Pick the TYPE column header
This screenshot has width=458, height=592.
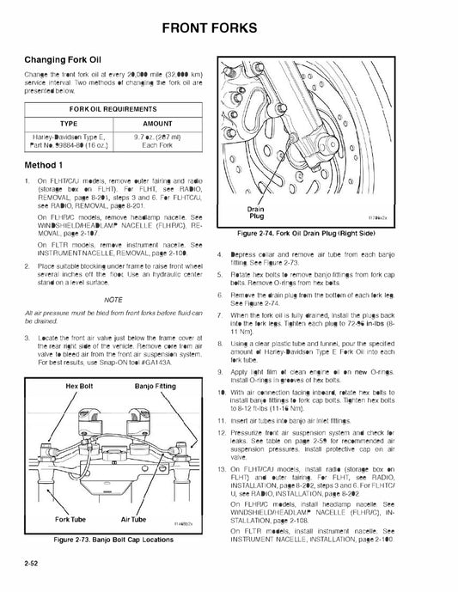click(67, 124)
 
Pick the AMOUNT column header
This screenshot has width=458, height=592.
click(156, 124)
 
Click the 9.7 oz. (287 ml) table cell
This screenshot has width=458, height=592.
click(156, 138)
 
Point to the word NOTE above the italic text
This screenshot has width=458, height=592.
click(114, 298)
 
